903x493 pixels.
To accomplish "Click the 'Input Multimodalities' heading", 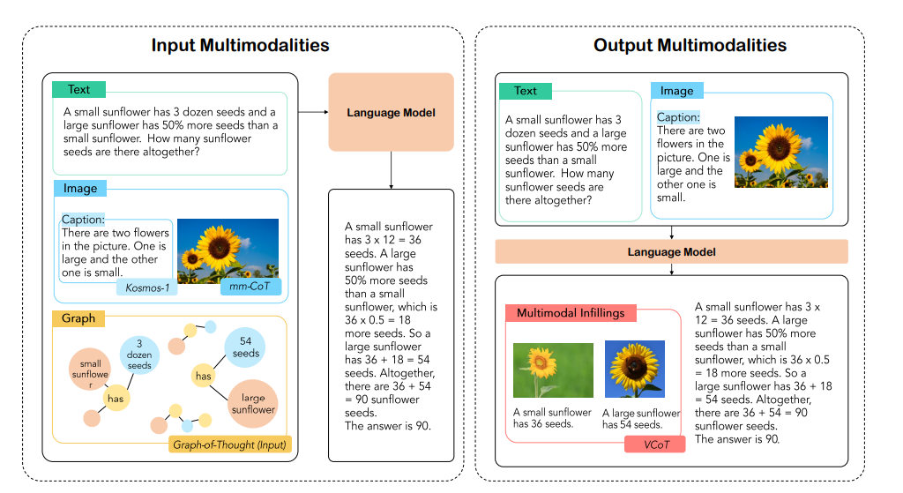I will click(240, 45).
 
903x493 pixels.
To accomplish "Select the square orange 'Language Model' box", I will click(391, 113).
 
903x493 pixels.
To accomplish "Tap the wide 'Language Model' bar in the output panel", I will click(671, 252).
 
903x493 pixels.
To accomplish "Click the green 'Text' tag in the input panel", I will click(78, 89).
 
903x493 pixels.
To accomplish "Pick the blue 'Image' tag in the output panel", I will click(677, 90).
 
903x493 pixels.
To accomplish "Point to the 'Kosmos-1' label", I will click(145, 288).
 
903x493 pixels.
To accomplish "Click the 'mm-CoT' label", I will click(250, 288).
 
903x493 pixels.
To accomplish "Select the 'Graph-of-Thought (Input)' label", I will click(229, 444).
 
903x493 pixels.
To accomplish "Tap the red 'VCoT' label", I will click(654, 444).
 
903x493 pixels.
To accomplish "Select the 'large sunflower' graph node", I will click(253, 403).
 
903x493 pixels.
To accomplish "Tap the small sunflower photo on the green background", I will click(541, 370).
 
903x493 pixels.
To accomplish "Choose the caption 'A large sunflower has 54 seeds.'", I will click(641, 419).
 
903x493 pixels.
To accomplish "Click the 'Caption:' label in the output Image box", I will click(678, 117).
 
